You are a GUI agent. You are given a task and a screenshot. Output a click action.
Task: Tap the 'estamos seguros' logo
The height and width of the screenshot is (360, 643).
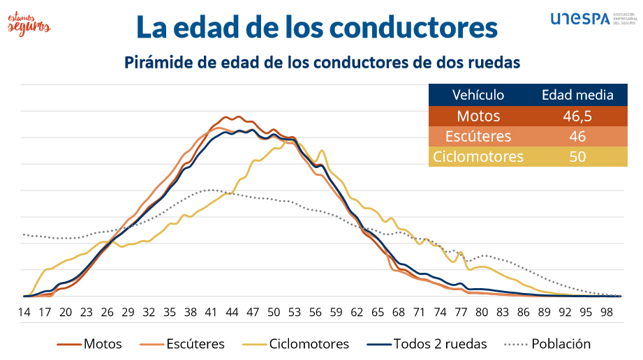[29, 21]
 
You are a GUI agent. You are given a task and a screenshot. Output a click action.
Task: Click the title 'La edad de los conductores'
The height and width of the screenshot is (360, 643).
[316, 27]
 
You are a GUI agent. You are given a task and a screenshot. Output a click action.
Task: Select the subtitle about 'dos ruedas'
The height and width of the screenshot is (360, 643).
[323, 62]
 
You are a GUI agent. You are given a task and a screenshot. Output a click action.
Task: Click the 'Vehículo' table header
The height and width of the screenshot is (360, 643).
[478, 95]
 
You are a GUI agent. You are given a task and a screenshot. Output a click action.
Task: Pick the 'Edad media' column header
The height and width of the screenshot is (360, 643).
[577, 95]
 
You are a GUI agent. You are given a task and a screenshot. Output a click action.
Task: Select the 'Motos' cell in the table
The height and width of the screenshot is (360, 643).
[478, 116]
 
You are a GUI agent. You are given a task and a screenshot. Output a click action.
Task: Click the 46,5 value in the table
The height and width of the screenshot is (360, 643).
[577, 116]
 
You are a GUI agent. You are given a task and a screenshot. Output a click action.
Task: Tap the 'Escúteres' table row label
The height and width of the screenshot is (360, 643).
[478, 136]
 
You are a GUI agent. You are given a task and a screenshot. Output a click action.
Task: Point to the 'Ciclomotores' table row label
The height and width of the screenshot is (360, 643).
[478, 156]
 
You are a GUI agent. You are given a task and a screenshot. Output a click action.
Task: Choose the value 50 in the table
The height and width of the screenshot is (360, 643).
[577, 156]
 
